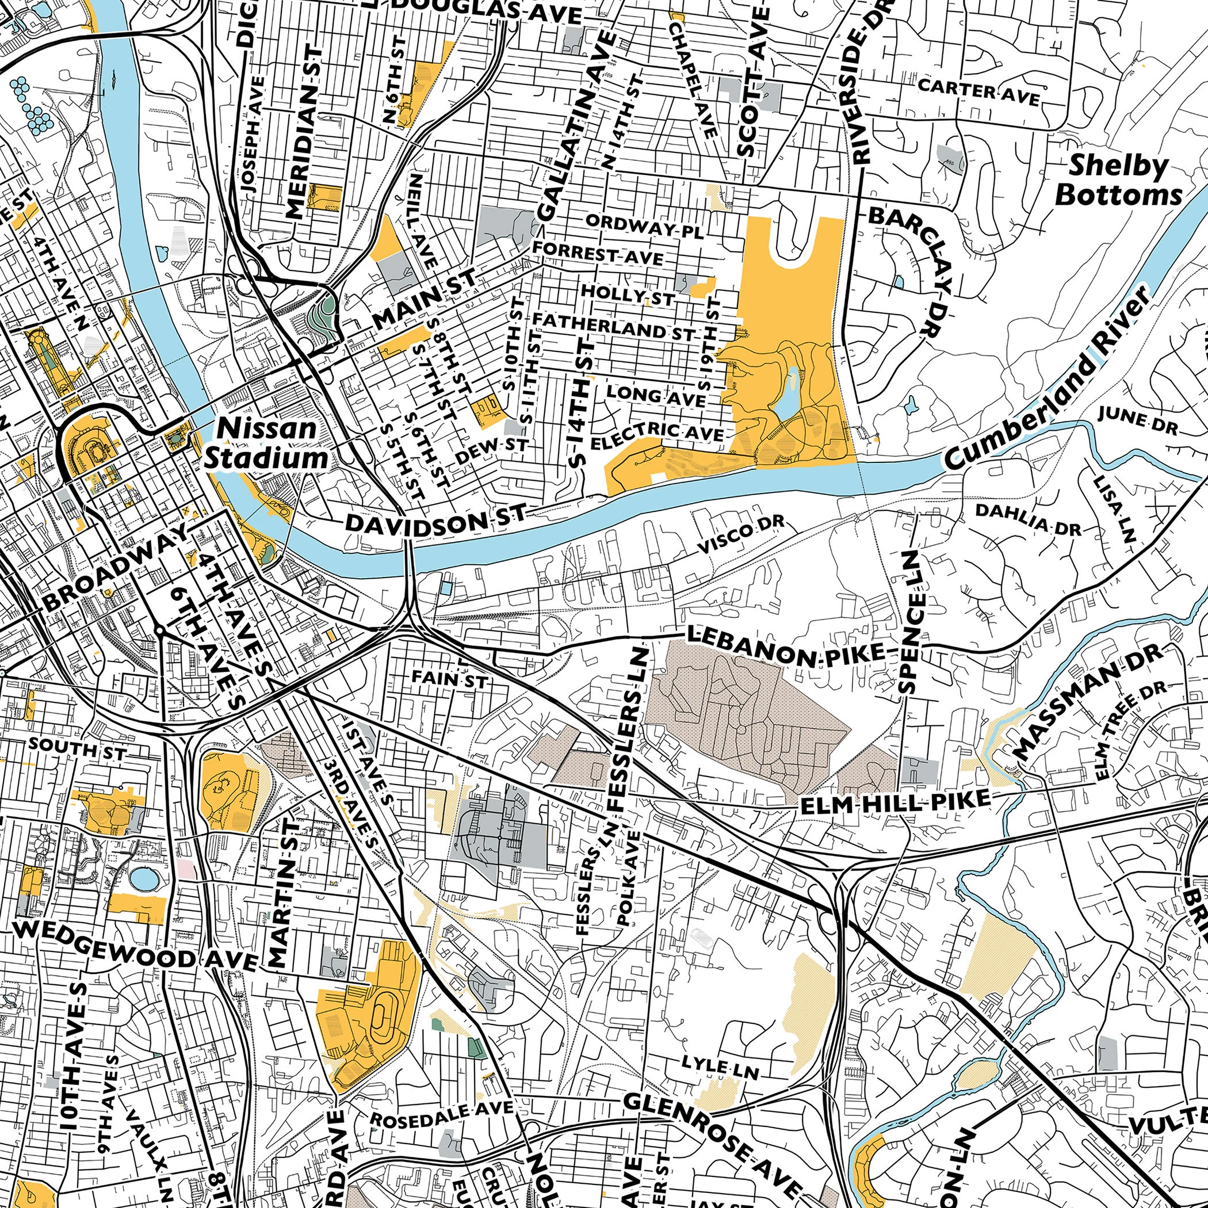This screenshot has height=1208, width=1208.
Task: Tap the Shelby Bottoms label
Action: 1119,181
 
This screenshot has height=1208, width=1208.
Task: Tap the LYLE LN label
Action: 720,1069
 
